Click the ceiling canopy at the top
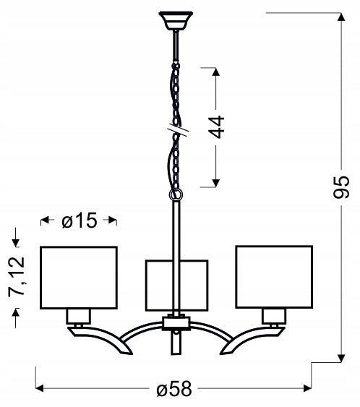176,21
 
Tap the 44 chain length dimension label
216,127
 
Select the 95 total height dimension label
342,187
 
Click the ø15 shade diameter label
80,220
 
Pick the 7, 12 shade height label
17,277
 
